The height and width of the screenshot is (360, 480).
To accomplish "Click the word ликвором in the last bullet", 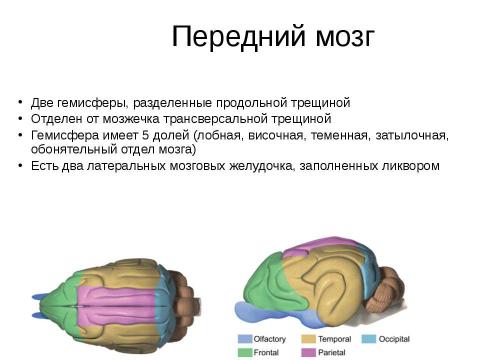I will coord(410,165).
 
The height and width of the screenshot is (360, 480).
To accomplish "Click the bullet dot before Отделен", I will coord(22,119).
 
